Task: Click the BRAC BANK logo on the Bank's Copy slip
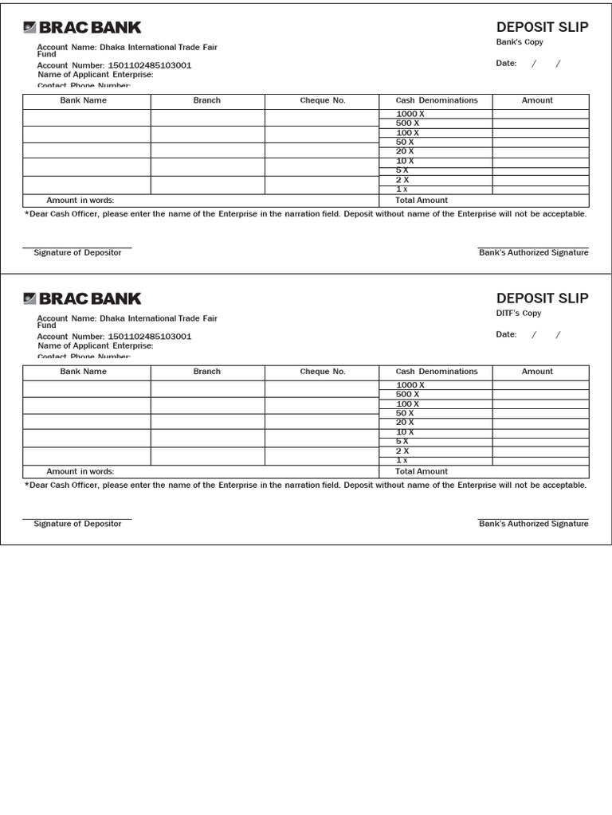pos(82,28)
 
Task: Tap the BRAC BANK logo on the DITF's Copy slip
pos(82,299)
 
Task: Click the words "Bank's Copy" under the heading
pos(520,42)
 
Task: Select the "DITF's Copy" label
pos(519,314)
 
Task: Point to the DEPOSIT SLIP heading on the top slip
pos(542,27)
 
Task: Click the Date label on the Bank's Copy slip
pos(506,64)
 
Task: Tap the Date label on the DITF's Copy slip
pos(506,335)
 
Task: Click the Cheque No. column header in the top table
pos(323,101)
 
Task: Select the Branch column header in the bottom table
pos(207,372)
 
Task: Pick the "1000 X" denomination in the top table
pos(410,115)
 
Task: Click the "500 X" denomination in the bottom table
pos(407,395)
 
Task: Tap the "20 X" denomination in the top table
pos(405,151)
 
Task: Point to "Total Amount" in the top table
pos(422,201)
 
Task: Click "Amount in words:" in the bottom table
pos(80,472)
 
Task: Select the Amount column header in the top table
pos(537,101)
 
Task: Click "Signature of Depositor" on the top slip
pos(77,253)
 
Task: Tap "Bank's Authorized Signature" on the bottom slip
pos(533,524)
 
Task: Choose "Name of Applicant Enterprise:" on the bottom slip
pos(96,346)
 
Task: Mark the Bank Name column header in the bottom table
pos(84,372)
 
